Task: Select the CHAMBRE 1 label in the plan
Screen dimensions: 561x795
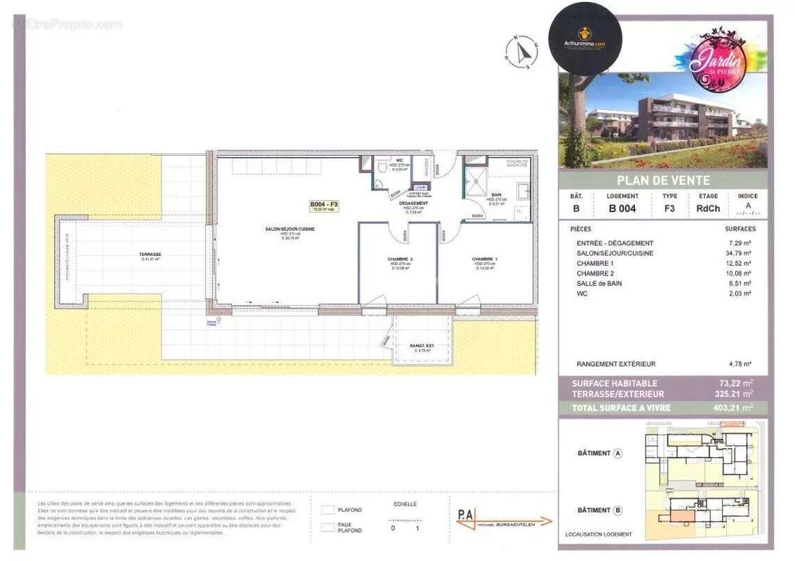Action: pyautogui.click(x=485, y=259)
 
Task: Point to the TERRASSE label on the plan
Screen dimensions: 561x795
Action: pyautogui.click(x=150, y=255)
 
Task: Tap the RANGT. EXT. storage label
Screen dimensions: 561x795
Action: pyautogui.click(x=422, y=345)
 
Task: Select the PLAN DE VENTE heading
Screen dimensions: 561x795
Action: pyautogui.click(x=663, y=180)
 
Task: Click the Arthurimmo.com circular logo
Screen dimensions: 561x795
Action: pyautogui.click(x=584, y=38)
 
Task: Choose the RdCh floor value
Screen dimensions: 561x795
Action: pyautogui.click(x=707, y=208)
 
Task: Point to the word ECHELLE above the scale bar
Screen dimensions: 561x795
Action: pyautogui.click(x=406, y=503)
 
